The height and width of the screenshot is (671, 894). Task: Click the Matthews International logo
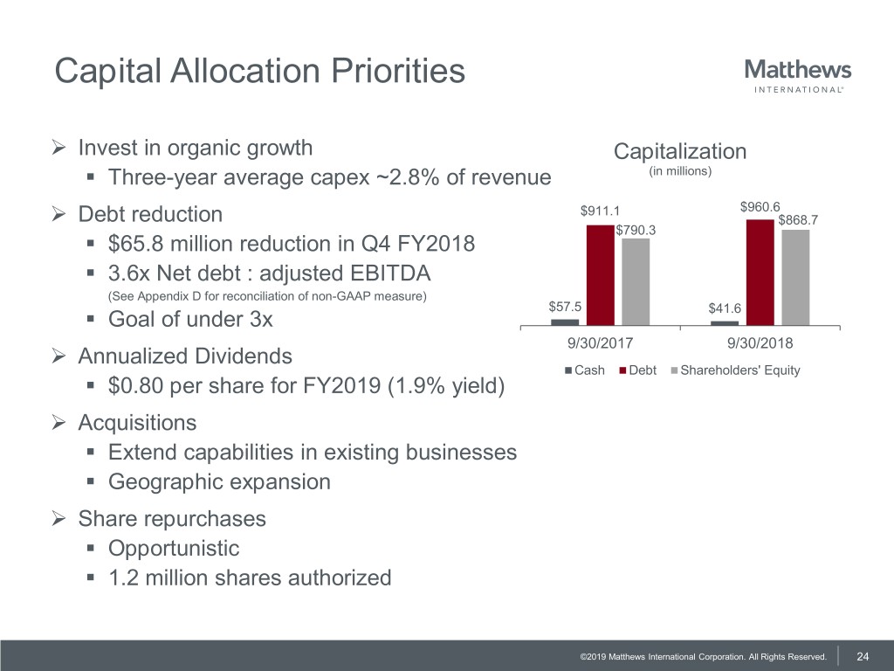(798, 74)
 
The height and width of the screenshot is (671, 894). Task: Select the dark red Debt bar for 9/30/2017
(600, 274)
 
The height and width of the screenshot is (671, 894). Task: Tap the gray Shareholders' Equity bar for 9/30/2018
(795, 277)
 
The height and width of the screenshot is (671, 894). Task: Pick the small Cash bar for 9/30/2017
(565, 322)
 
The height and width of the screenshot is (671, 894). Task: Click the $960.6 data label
(760, 207)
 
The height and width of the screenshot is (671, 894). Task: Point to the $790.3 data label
(636, 230)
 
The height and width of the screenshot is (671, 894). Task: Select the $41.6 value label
(726, 308)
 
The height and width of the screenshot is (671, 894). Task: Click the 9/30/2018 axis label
(760, 342)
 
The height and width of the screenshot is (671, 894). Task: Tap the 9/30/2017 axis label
(600, 342)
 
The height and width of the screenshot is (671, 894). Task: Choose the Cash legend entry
(585, 370)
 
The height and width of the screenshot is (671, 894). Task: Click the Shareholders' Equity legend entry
(734, 370)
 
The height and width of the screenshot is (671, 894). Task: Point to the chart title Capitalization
(680, 151)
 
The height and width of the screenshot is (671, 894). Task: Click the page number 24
(863, 656)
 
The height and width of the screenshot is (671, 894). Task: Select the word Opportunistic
(173, 549)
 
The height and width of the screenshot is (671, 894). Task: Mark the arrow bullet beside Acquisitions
(60, 423)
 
